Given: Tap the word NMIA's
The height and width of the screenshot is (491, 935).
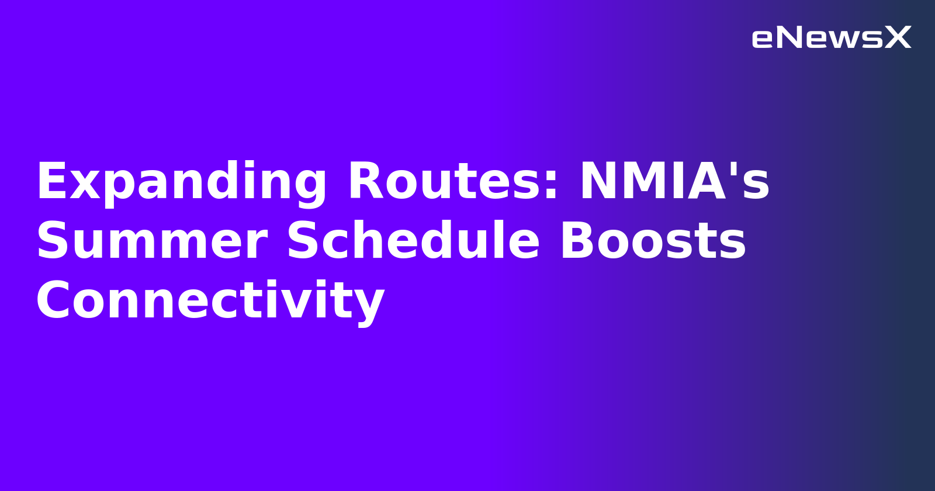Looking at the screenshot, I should pos(674,182).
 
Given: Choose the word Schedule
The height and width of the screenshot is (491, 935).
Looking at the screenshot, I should pos(413,241).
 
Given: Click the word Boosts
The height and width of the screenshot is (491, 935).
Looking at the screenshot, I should pos(653,241).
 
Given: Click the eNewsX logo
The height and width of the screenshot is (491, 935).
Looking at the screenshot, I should pos(831,38).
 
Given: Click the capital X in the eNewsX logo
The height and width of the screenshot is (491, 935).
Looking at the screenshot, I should pos(898,38).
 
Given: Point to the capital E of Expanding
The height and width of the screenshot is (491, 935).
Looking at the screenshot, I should pos(51,182).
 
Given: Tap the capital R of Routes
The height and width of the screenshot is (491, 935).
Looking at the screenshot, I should pos(366,182).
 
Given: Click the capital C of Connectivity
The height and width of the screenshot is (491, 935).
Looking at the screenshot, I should pos(54,300).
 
